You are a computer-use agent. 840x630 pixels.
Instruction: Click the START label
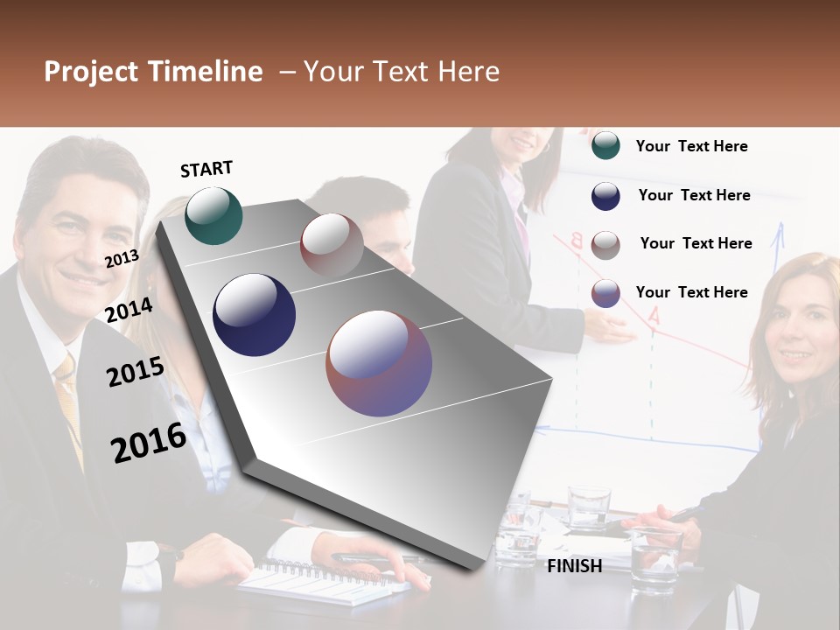[x=206, y=169]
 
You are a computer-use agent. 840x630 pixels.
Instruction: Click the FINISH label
[x=574, y=566]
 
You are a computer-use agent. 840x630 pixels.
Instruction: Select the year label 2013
[x=122, y=259]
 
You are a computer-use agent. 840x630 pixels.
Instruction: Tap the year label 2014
[x=129, y=311]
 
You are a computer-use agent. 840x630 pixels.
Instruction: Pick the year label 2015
[x=135, y=372]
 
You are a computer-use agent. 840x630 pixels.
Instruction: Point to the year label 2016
[x=148, y=443]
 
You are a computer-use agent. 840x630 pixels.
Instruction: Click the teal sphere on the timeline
[x=213, y=215]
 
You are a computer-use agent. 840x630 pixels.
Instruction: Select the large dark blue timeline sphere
[x=254, y=315]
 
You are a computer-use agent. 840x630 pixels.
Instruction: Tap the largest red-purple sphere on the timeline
[x=379, y=363]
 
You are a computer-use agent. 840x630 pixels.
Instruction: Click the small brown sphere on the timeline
[x=332, y=245]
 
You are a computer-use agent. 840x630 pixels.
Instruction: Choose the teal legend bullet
[x=605, y=146]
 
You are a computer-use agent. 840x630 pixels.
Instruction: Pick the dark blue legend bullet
[x=605, y=196]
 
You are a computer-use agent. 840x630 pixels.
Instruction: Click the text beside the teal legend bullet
[x=691, y=147]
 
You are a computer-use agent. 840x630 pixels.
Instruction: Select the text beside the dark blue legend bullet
[x=694, y=195]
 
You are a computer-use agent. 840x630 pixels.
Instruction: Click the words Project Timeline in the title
[x=153, y=72]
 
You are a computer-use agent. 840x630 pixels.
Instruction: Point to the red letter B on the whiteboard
[x=577, y=240]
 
